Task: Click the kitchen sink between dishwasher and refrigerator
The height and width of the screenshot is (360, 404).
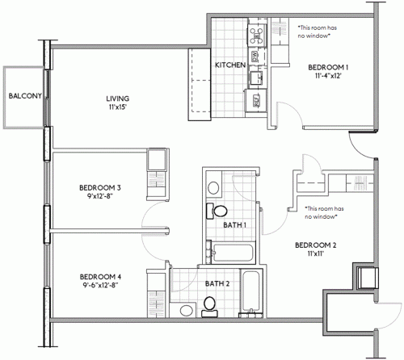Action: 255,78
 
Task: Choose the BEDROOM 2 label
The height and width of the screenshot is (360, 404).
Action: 314,245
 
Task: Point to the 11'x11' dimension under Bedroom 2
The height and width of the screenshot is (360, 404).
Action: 314,254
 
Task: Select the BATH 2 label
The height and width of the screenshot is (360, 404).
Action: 217,283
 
